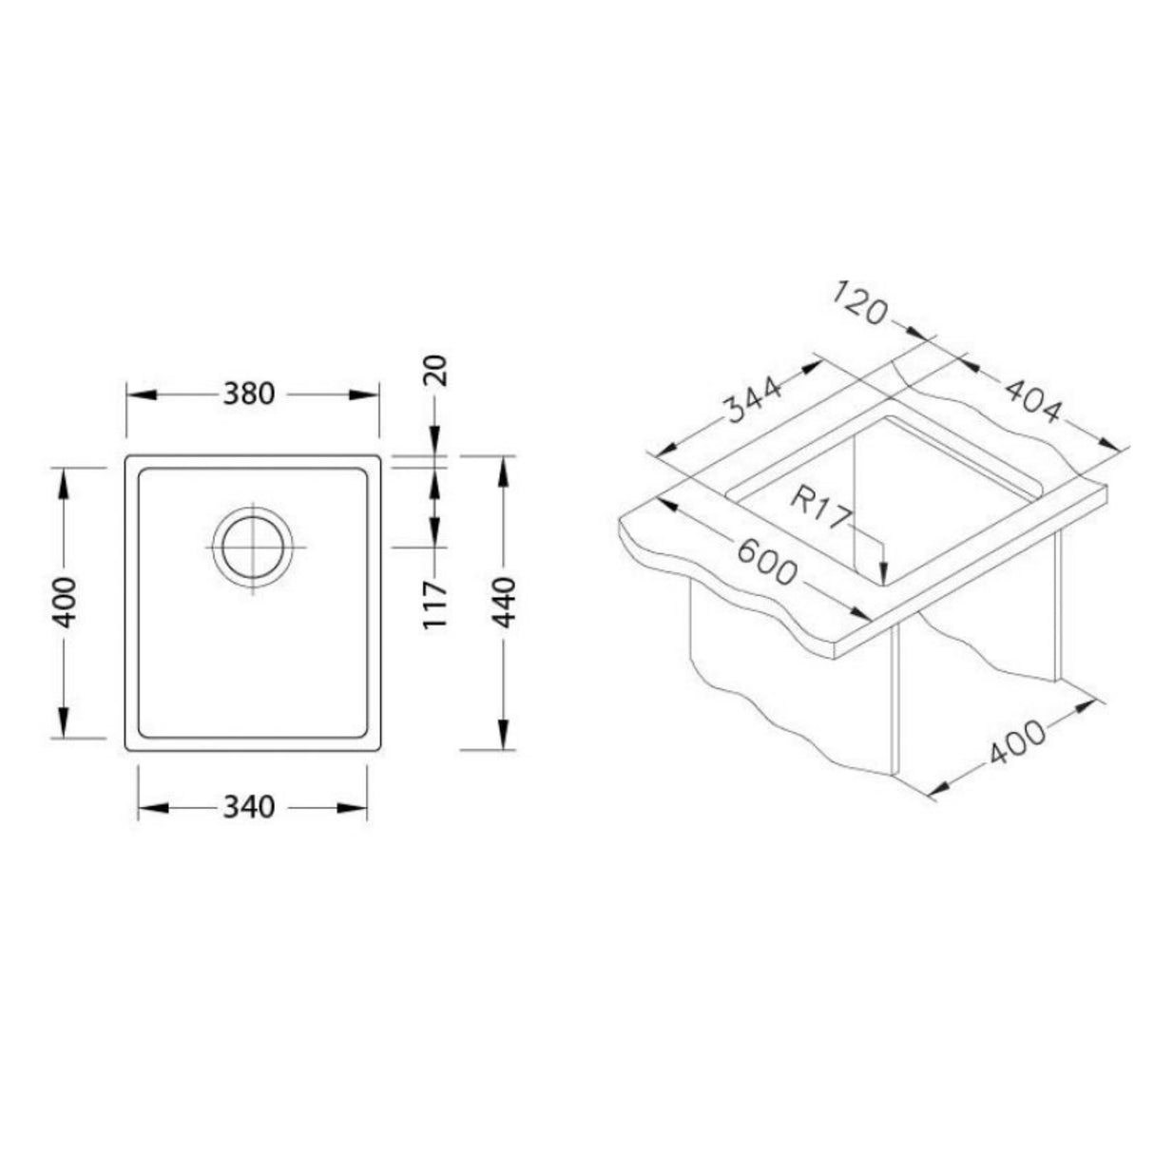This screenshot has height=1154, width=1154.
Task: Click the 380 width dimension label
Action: tap(252, 394)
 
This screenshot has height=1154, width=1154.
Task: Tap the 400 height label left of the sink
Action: tap(64, 602)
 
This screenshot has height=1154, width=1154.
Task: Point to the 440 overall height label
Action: tap(505, 601)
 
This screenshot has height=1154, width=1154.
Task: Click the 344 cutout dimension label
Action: tap(753, 399)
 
